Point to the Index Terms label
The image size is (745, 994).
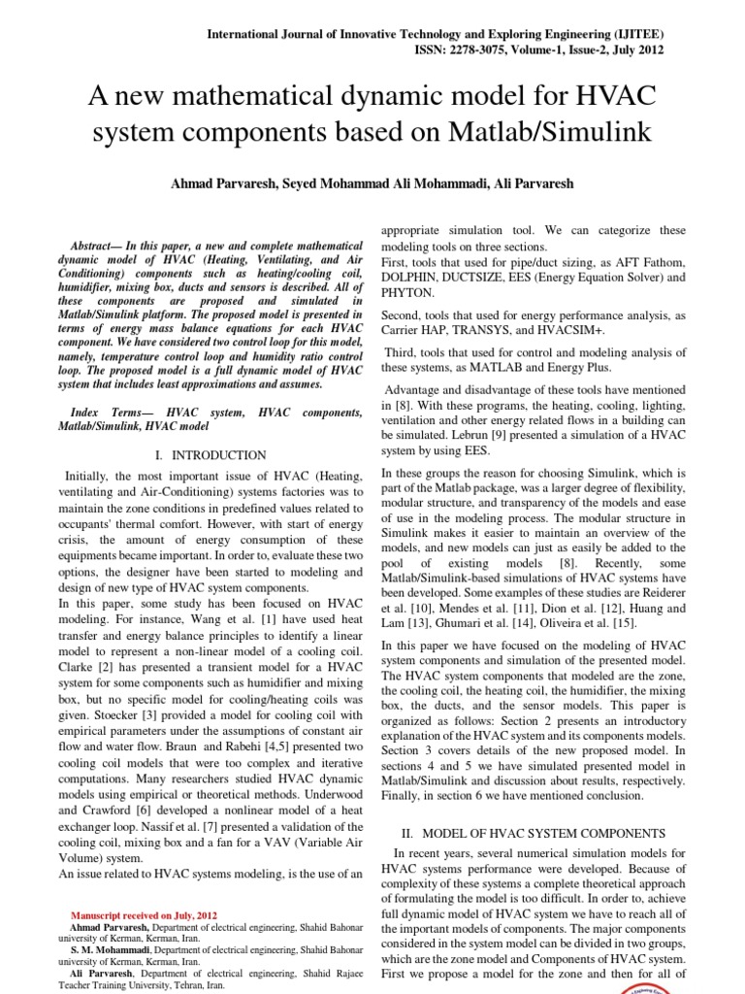click(113, 414)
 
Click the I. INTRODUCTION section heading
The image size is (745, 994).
click(211, 454)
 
